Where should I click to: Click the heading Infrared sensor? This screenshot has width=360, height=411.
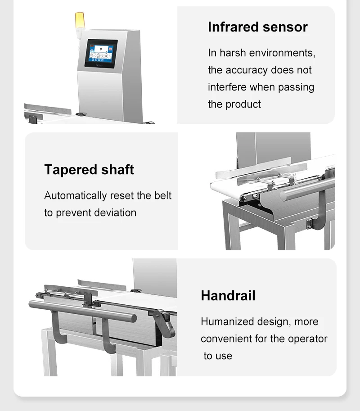[x=257, y=27]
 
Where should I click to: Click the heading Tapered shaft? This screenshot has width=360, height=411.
[x=89, y=170]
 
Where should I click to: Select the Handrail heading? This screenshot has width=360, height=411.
[x=228, y=296]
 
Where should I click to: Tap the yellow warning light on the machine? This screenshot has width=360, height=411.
[x=79, y=20]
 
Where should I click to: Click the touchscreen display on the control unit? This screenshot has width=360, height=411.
[x=101, y=53]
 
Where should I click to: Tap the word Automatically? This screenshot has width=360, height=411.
[x=75, y=196]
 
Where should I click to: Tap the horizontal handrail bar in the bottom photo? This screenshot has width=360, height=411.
[x=81, y=311]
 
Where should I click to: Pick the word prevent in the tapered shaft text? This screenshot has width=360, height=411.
[x=74, y=213]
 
